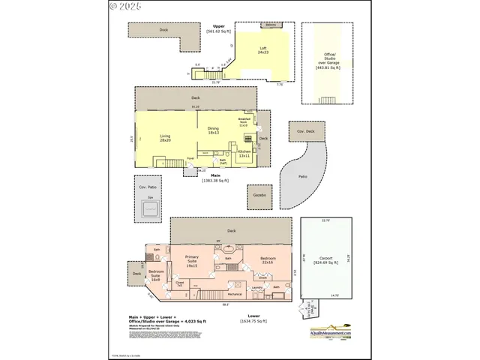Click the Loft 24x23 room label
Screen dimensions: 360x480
[263, 52]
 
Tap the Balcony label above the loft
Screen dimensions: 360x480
[270, 25]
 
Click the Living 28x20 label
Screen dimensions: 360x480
[165, 137]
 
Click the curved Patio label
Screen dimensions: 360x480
[303, 176]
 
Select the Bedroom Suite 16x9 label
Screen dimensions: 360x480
[156, 275]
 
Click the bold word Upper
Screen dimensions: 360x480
[218, 25]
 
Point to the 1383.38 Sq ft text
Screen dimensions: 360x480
[214, 180]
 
